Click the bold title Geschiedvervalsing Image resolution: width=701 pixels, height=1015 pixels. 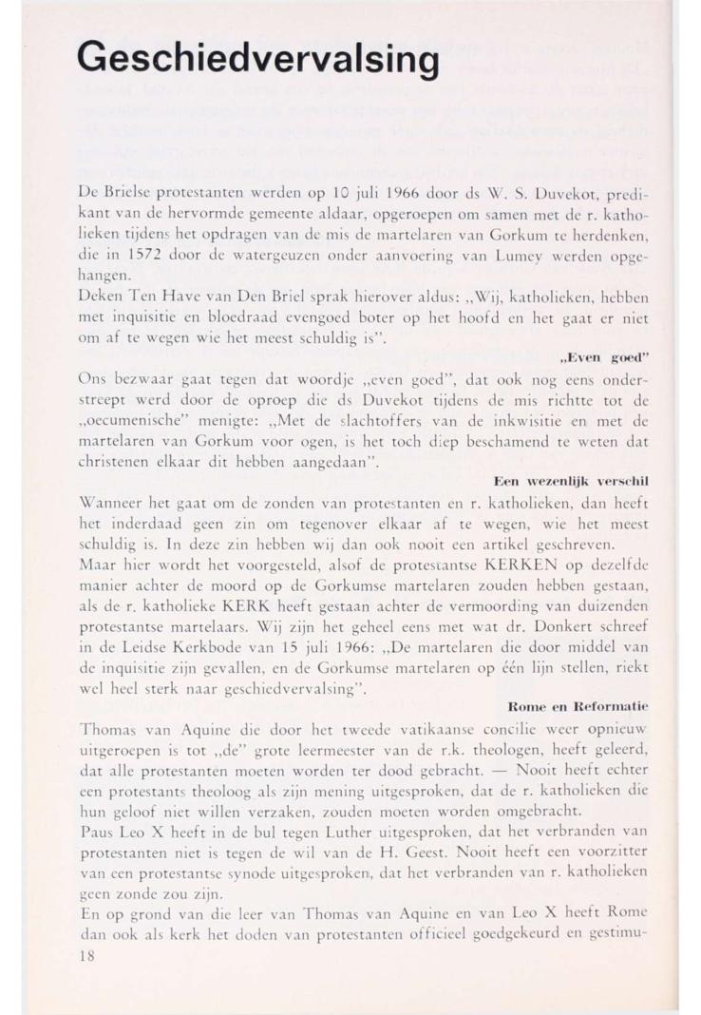[258, 58]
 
